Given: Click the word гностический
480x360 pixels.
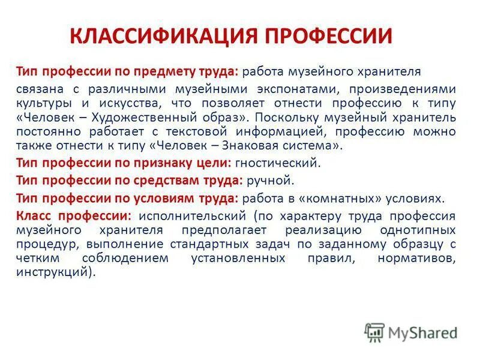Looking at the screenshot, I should click(x=278, y=162).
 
